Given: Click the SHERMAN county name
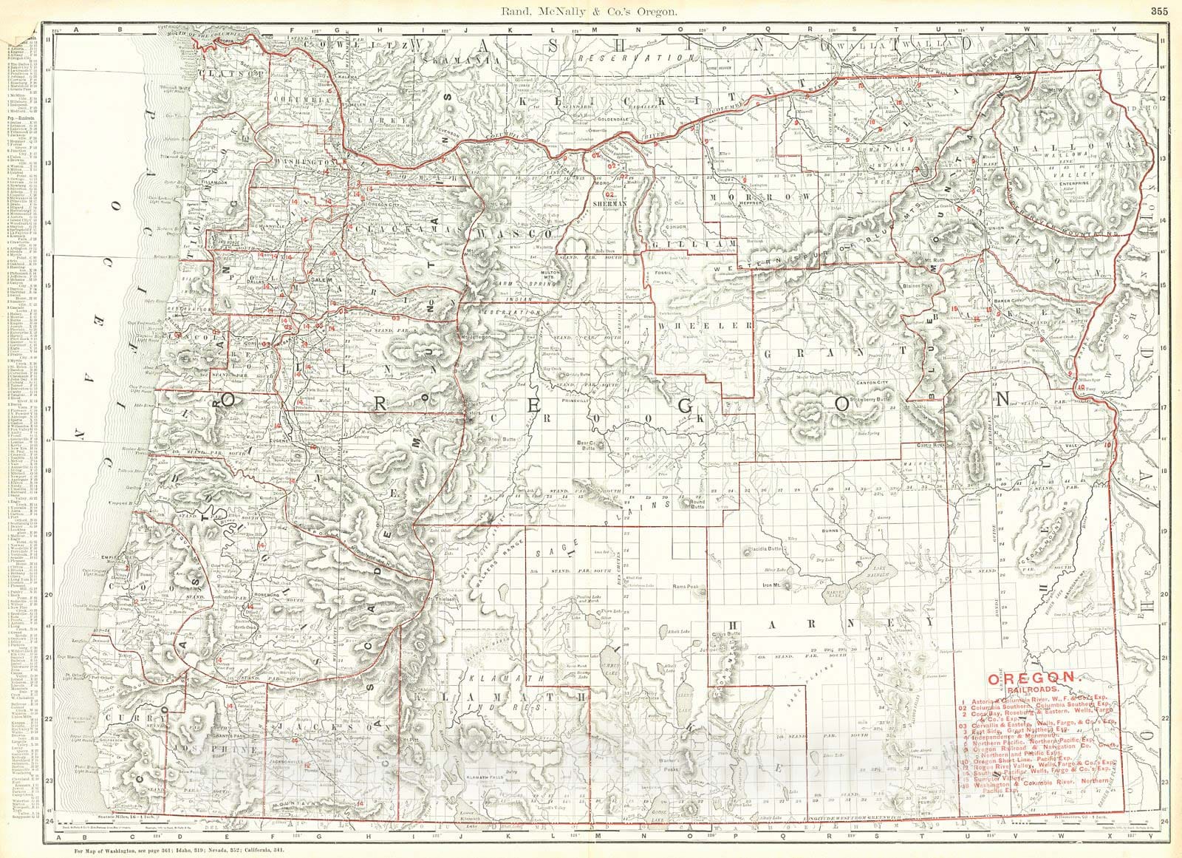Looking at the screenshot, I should coord(613,202).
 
